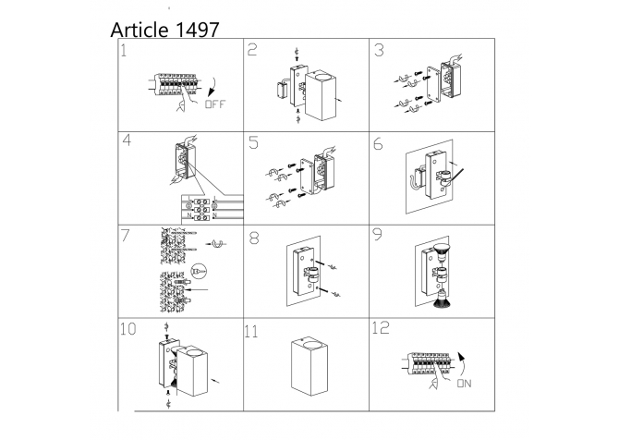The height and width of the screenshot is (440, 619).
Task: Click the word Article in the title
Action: (x=140, y=30)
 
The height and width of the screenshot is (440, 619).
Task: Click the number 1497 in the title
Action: (x=196, y=30)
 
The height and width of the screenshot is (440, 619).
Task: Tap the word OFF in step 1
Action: (x=215, y=104)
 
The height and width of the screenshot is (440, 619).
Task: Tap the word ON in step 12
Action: (x=464, y=384)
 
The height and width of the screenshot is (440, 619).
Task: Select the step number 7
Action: (x=125, y=236)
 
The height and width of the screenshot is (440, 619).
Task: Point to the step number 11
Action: (x=251, y=332)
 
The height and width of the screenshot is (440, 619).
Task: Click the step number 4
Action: (x=127, y=141)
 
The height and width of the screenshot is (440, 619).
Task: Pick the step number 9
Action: (x=377, y=235)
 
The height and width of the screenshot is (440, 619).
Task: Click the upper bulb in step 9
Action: (x=442, y=251)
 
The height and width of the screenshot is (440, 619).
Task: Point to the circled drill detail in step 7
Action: (x=199, y=272)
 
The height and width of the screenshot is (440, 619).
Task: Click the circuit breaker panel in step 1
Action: (x=175, y=84)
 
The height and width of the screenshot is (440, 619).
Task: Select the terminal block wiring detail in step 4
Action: (x=212, y=208)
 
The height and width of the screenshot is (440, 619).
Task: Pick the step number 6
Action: (x=378, y=144)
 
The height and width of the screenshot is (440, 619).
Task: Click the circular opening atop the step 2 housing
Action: (x=322, y=75)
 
